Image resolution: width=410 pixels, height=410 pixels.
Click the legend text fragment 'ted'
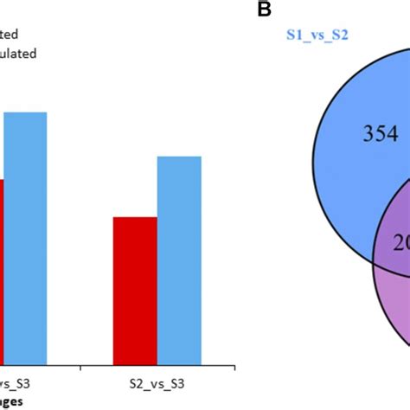[x=10, y=35]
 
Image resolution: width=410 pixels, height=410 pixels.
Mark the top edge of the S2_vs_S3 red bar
[x=135, y=217]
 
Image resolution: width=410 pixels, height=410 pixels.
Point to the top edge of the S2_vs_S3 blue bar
[x=179, y=157]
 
